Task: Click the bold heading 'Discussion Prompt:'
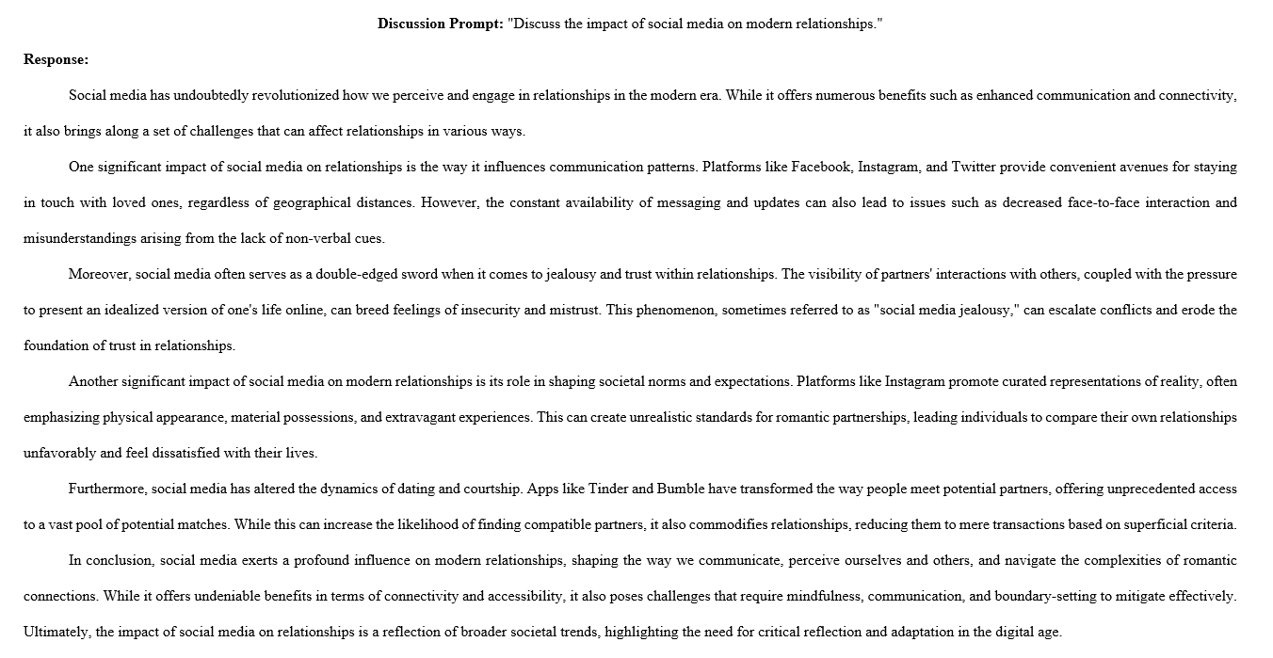tap(440, 24)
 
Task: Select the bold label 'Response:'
tap(56, 59)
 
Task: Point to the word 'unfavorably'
tap(60, 454)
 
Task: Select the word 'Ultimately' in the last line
tap(55, 633)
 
